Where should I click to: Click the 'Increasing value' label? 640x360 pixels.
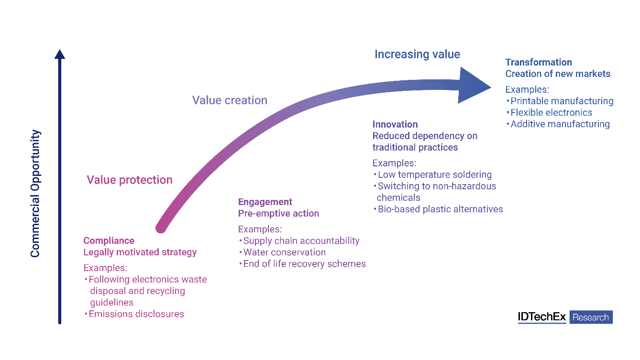pyautogui.click(x=417, y=54)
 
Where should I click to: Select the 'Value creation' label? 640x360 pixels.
pyautogui.click(x=230, y=100)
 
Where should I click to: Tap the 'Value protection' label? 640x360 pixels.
pyautogui.click(x=130, y=180)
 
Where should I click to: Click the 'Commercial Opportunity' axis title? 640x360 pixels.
pyautogui.click(x=35, y=193)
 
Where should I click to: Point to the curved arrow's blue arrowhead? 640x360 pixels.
pyautogui.click(x=474, y=86)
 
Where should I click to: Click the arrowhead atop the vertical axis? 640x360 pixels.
pyautogui.click(x=59, y=54)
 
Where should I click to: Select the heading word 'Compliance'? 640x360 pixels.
pyautogui.click(x=109, y=240)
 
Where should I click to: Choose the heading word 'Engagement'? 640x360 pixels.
pyautogui.click(x=265, y=202)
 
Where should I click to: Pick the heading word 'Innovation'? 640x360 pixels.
pyautogui.click(x=395, y=124)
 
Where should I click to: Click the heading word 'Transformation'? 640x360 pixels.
pyautogui.click(x=539, y=62)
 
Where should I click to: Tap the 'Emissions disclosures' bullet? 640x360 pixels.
pyautogui.click(x=136, y=314)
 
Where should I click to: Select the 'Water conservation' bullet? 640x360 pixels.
pyautogui.click(x=284, y=252)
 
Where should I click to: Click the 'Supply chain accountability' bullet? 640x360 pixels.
pyautogui.click(x=301, y=240)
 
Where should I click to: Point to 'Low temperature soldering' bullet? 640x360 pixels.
pyautogui.click(x=434, y=175)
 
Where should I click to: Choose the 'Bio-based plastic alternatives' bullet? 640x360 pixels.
pyautogui.click(x=440, y=209)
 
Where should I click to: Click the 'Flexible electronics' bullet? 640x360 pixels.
pyautogui.click(x=551, y=112)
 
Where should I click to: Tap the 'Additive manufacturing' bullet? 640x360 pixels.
pyautogui.click(x=560, y=124)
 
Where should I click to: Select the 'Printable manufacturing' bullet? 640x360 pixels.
pyautogui.click(x=562, y=101)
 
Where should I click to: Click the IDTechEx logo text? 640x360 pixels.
pyautogui.click(x=541, y=317)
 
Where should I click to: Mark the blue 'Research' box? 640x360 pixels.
pyautogui.click(x=591, y=317)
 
